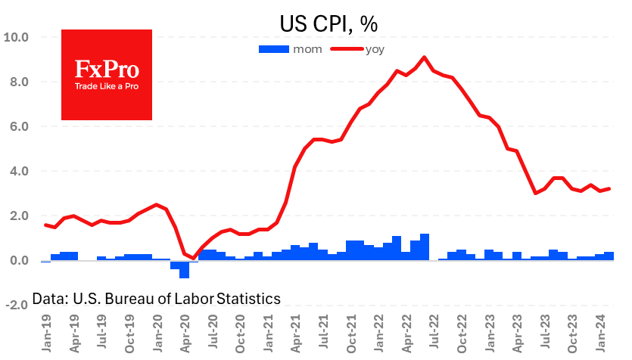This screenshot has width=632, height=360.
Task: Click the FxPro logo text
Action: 107,70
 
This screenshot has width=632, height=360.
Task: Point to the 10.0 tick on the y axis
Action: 17,37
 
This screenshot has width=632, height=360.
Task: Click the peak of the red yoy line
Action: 424,57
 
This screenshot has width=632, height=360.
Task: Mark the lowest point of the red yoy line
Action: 194,258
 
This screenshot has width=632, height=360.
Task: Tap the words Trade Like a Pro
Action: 107,86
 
